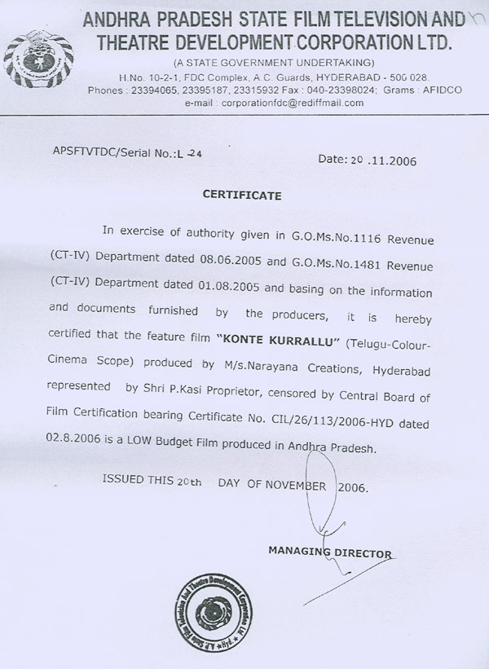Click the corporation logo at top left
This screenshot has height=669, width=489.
[x=38, y=54]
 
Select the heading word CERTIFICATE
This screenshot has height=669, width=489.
[x=242, y=196]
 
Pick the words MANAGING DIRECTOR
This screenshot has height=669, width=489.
[x=329, y=553]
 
